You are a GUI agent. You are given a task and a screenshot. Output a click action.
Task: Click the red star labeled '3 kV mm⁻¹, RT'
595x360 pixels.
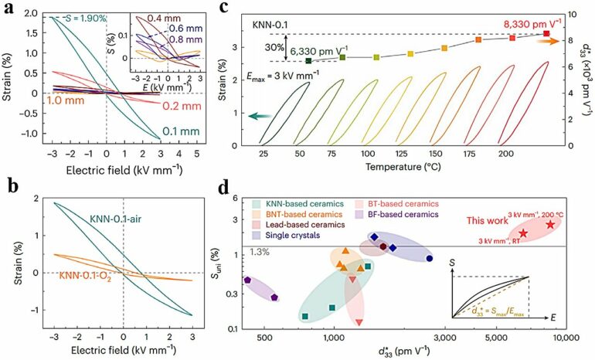tap(523, 233)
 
